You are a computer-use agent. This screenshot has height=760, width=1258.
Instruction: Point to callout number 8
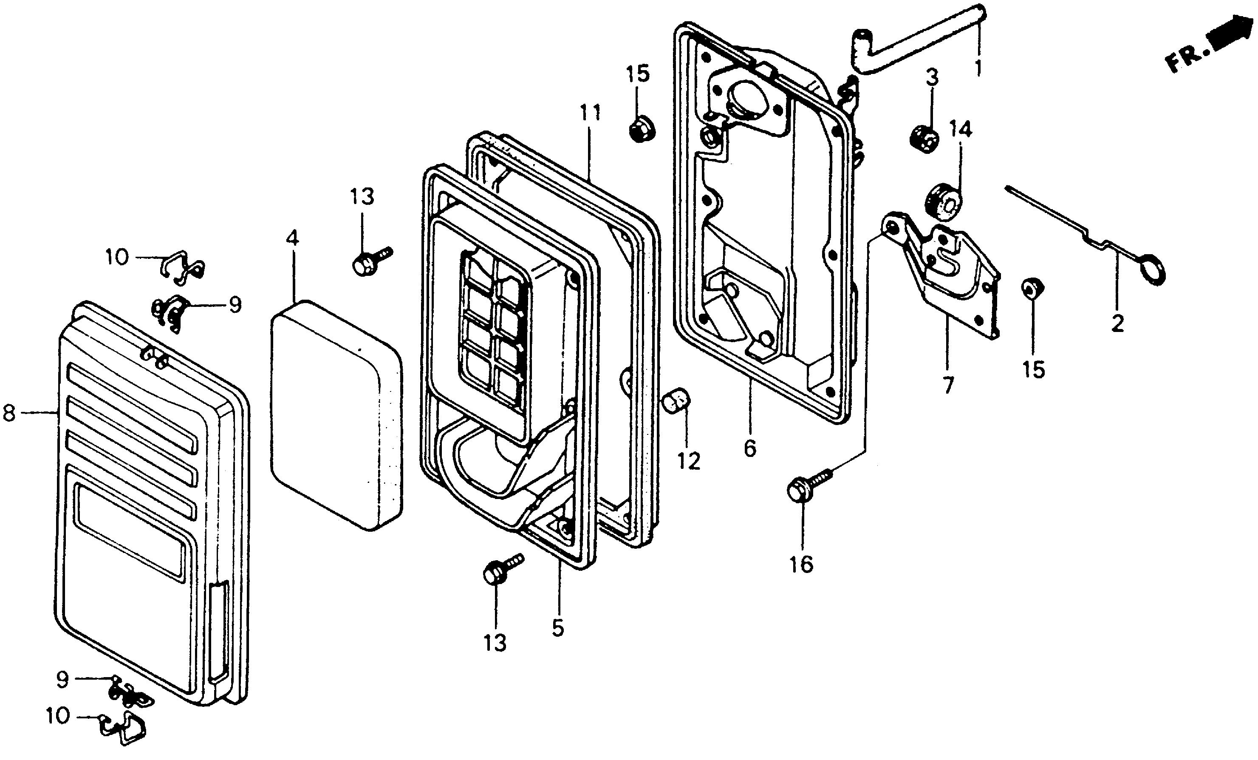(x=9, y=412)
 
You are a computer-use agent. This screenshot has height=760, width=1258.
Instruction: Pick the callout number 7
(x=948, y=385)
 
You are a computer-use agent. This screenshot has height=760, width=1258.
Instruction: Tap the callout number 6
(x=749, y=448)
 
